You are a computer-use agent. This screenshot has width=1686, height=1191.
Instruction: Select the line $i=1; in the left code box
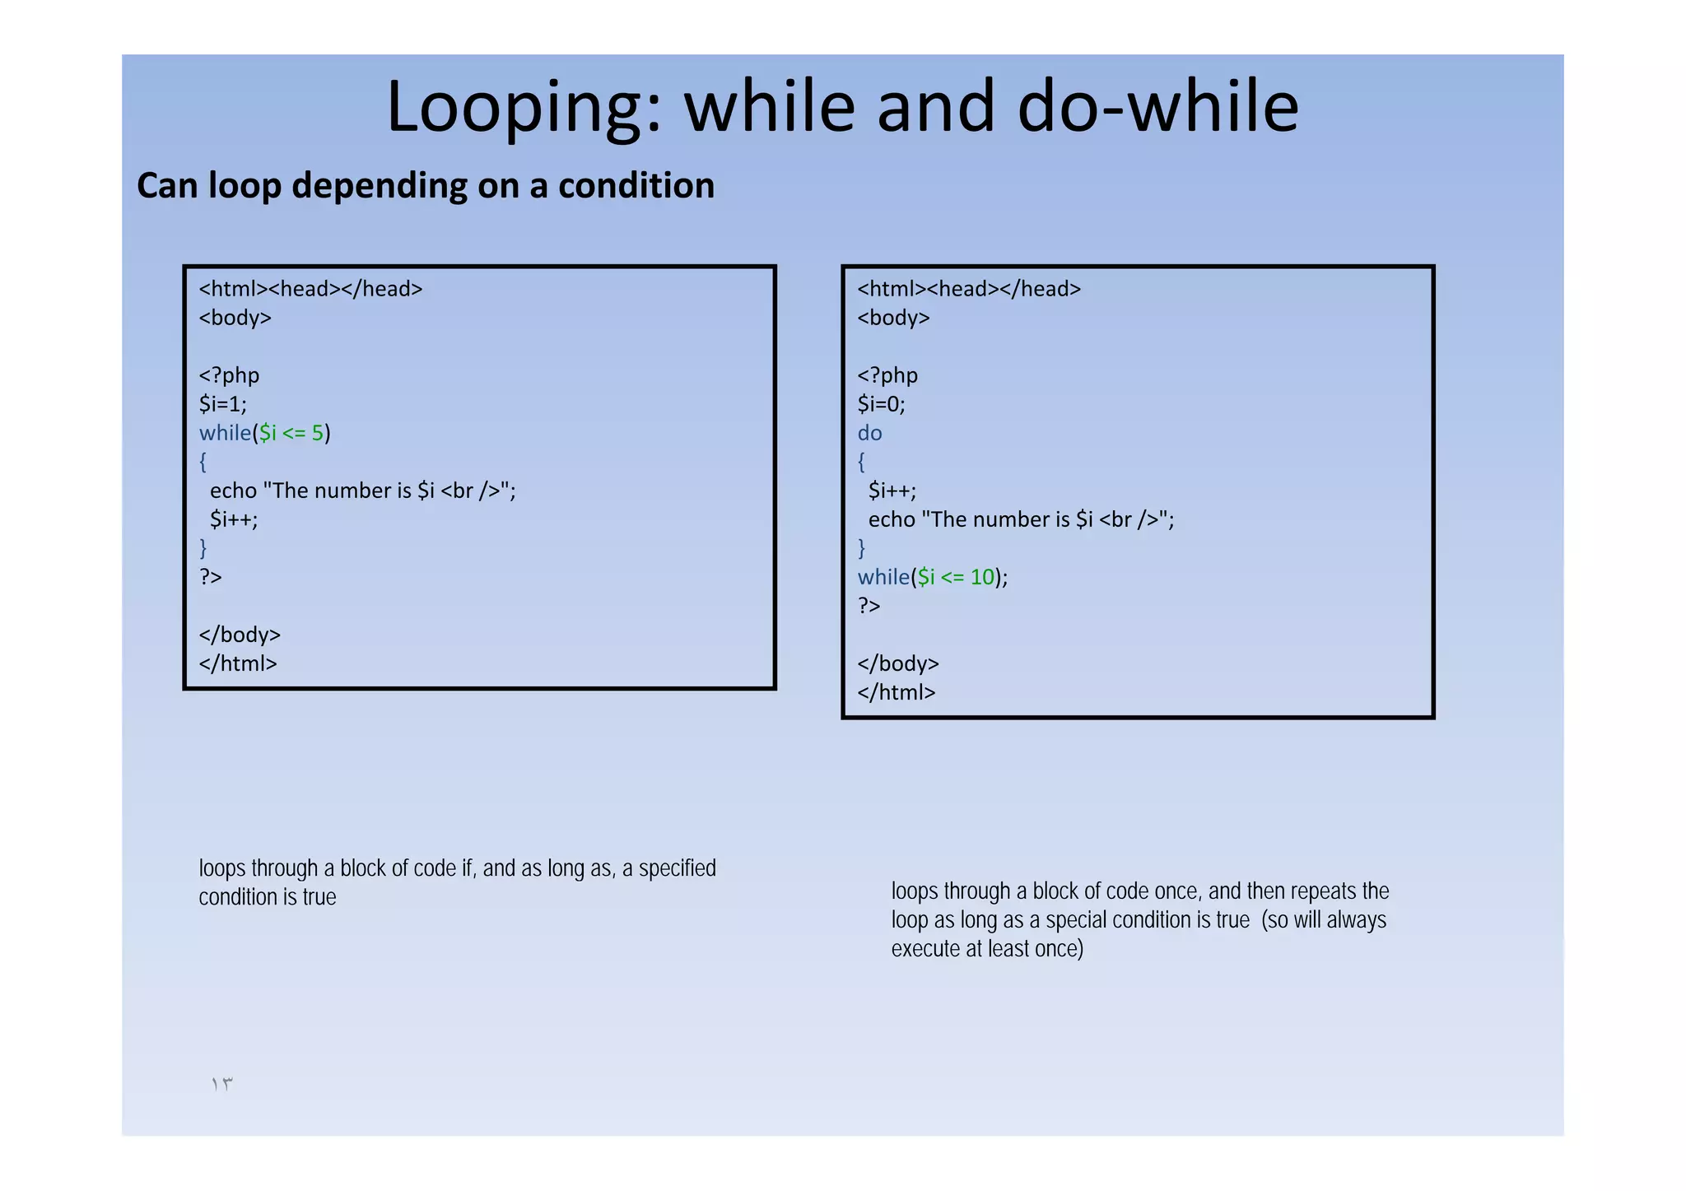tap(222, 404)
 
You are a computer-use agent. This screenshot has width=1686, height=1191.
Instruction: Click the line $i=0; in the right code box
tap(881, 404)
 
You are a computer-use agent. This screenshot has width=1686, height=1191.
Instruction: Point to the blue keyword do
tap(869, 433)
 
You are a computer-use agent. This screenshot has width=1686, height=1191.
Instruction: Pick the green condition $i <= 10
tap(956, 577)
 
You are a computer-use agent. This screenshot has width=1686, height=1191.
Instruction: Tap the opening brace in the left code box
tap(203, 462)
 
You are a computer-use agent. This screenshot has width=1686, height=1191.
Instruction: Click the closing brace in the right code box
tap(861, 548)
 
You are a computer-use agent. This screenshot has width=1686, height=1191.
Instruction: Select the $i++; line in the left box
tap(234, 519)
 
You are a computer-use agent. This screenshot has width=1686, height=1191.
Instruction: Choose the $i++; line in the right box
tap(892, 491)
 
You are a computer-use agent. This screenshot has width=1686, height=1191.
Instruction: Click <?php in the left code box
tap(229, 375)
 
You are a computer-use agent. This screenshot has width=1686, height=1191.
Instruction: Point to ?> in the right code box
tap(869, 606)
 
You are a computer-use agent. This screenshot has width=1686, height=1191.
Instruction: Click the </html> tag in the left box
tap(238, 663)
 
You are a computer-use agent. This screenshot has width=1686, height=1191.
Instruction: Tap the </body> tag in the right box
tap(898, 663)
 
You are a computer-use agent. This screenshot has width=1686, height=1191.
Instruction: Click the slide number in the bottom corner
tap(222, 1084)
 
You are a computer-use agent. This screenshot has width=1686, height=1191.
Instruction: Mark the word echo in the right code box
tap(892, 519)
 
